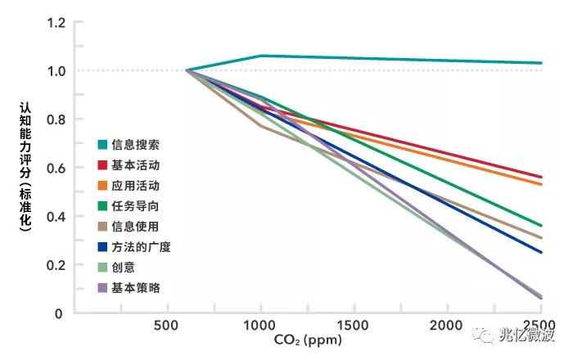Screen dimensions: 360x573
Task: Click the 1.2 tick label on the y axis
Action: pyautogui.click(x=55, y=22)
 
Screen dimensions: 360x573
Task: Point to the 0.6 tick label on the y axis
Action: pyautogui.click(x=55, y=168)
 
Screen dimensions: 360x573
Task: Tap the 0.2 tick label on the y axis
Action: pyautogui.click(x=55, y=264)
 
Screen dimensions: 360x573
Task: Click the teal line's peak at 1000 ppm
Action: pyautogui.click(x=260, y=56)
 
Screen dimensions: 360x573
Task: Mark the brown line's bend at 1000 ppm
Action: pyautogui.click(x=260, y=126)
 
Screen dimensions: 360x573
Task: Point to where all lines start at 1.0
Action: pyautogui.click(x=187, y=70)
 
